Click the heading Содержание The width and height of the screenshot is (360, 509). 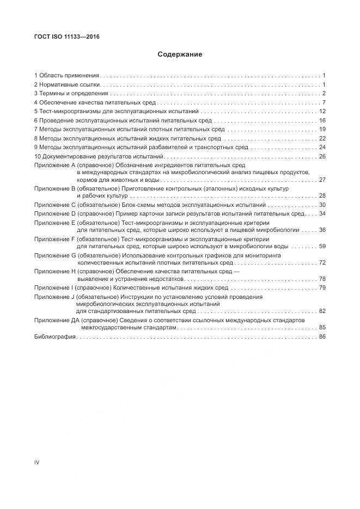point(180,54)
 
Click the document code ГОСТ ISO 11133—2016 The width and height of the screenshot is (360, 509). point(66,36)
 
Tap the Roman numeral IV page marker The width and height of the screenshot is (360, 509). point(37,462)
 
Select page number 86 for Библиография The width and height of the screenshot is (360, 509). point(322,338)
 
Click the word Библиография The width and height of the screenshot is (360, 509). point(55,338)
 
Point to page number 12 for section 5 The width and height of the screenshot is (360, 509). point(322,111)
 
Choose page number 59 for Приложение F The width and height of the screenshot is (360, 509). point(322,246)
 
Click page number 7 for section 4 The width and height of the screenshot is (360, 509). point(324,102)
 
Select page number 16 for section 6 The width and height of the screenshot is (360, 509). point(322,120)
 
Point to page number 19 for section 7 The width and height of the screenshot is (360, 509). point(322,129)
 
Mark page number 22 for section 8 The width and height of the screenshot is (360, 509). point(322,138)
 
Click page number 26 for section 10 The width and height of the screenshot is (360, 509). point(322,156)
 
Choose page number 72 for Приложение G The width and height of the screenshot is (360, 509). point(322,262)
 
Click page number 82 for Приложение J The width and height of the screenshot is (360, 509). point(322,311)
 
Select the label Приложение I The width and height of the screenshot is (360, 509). point(53,287)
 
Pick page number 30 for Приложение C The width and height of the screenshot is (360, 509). point(322,205)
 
